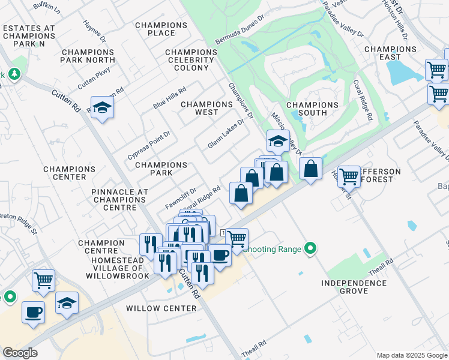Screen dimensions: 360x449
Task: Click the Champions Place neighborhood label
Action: click(161, 29)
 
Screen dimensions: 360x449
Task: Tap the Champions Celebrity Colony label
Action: click(191, 60)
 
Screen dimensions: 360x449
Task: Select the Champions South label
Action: click(312, 109)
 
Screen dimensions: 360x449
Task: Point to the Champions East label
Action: click(390, 53)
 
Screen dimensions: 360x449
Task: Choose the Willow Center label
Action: click(161, 308)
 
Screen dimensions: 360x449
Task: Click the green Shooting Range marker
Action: click(310, 248)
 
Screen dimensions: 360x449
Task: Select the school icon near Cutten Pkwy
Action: click(103, 107)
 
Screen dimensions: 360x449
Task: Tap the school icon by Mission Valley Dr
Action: click(278, 142)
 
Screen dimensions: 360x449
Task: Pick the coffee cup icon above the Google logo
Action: click(32, 312)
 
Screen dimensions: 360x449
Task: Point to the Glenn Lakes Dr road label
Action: click(226, 134)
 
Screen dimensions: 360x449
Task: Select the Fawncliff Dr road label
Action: click(176, 199)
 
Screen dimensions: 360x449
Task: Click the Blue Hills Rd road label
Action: click(169, 96)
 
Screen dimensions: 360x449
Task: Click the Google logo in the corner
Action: click(20, 353)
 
